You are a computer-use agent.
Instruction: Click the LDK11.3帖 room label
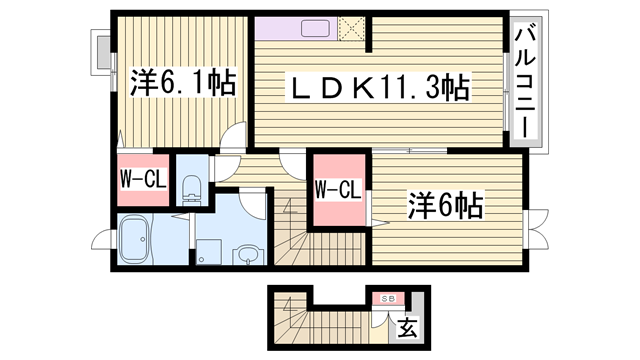[x=380, y=87]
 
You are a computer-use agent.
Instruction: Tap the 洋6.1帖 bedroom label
[x=183, y=82]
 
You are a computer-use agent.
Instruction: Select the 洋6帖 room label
[x=446, y=204]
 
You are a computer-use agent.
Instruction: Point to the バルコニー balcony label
[x=525, y=82]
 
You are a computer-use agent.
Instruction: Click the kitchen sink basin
[x=315, y=28]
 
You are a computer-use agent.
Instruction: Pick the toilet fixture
[x=191, y=189]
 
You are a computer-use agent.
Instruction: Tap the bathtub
[x=135, y=241]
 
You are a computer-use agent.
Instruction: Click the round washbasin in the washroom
[x=248, y=254]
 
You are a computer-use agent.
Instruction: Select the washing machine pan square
[x=209, y=251]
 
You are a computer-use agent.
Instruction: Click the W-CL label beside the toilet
[x=143, y=179]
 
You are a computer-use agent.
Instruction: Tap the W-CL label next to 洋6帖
[x=338, y=189]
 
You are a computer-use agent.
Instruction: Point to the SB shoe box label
[x=388, y=299]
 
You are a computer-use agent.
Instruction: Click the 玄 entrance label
[x=409, y=328]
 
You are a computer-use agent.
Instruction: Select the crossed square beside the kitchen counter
[x=351, y=29]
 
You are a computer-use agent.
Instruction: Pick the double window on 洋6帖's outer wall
[x=537, y=229]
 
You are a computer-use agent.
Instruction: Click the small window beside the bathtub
[x=101, y=239]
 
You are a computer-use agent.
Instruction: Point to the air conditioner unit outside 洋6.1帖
[x=101, y=52]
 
